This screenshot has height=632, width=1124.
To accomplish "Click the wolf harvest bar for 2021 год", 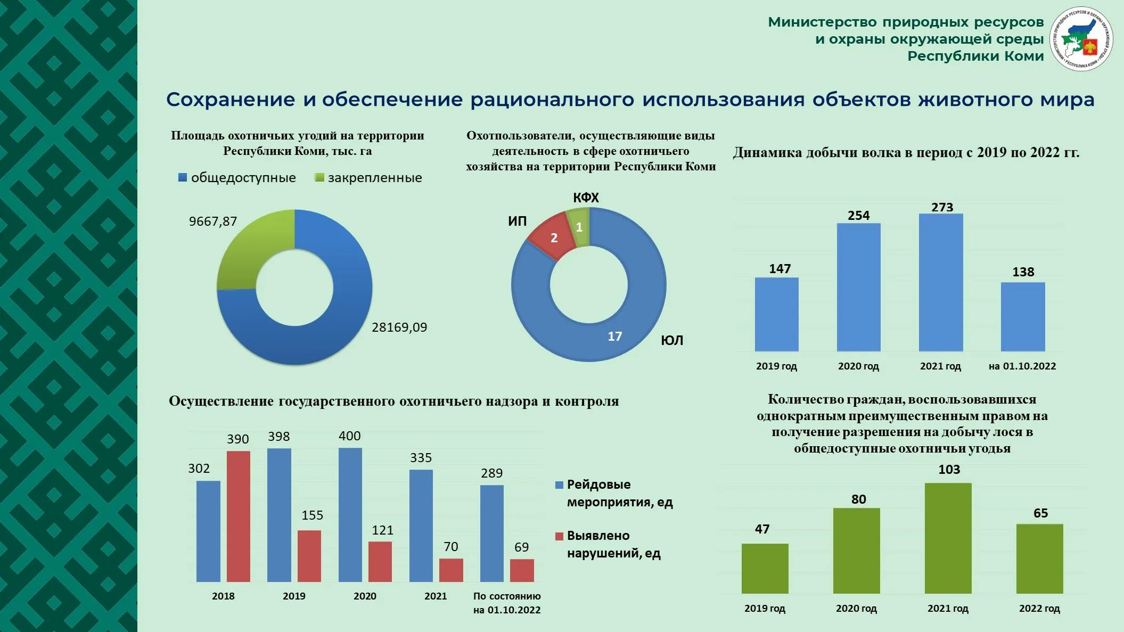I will click(941, 282).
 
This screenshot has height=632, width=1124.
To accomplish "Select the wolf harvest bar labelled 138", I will click(1023, 317).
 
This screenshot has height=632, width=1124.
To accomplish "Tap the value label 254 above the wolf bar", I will click(858, 216).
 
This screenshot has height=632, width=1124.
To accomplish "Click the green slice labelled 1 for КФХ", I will click(579, 227).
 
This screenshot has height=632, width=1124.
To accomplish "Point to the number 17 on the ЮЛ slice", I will click(614, 336).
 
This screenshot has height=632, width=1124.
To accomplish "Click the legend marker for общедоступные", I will click(183, 178).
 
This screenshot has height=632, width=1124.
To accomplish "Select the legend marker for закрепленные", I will click(319, 178).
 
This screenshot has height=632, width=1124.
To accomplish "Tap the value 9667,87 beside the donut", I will click(213, 221).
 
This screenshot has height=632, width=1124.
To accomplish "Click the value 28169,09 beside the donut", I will click(399, 327).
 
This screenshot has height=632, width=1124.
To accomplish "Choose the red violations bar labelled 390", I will click(239, 516).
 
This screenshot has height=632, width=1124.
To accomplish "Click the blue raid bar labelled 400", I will click(350, 514).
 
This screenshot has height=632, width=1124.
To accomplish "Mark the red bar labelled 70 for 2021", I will click(451, 570).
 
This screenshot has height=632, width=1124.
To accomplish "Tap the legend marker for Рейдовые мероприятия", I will click(559, 485).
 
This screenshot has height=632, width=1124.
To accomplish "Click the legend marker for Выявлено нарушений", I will click(559, 536).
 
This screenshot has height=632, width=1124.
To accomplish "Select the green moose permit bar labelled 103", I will click(948, 538).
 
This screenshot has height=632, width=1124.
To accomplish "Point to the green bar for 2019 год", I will click(765, 568).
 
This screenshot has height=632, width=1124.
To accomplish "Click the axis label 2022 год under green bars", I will click(1039, 609).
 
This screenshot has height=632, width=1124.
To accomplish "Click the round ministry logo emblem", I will click(1081, 39).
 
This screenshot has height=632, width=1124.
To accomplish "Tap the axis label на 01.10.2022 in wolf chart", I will click(1022, 366).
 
